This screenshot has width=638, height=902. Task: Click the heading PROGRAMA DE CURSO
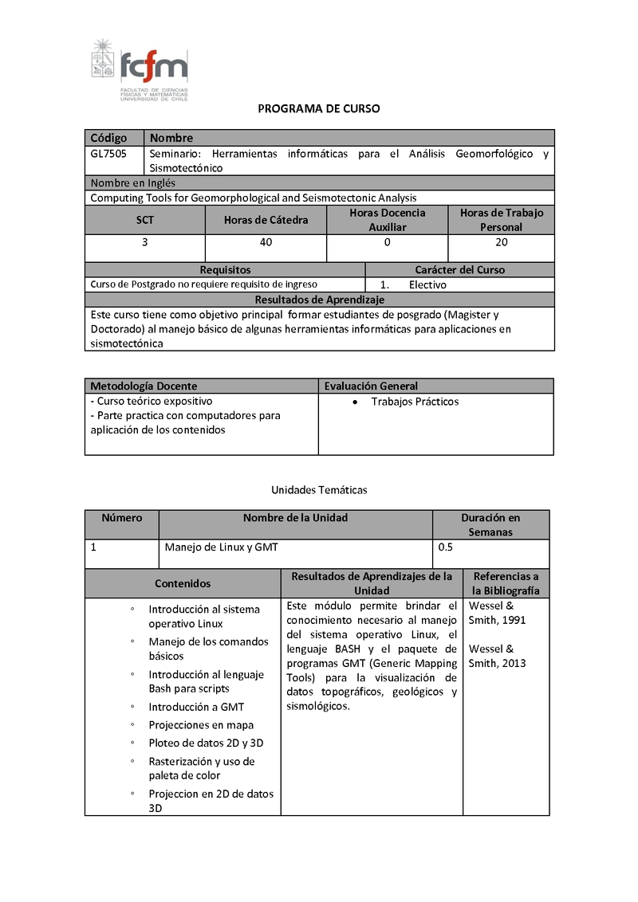(319, 108)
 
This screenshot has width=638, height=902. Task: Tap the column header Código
(108, 138)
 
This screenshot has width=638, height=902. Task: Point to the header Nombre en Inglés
(133, 183)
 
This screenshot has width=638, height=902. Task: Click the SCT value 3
(144, 242)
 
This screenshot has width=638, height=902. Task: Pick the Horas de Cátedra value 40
(266, 242)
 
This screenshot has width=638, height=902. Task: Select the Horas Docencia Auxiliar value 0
(388, 242)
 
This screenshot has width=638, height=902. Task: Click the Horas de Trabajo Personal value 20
(502, 242)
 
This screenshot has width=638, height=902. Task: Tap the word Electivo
(427, 284)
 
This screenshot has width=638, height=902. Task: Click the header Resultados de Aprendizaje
(319, 300)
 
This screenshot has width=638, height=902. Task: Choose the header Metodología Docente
(144, 386)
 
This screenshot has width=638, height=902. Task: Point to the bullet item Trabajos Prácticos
(415, 402)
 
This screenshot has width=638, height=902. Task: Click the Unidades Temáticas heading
(319, 490)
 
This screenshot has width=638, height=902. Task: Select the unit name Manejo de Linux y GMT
(221, 547)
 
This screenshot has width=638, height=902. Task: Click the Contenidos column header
(183, 584)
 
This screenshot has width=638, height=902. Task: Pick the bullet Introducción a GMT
(196, 707)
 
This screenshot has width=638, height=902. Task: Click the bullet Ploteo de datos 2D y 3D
(206, 743)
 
